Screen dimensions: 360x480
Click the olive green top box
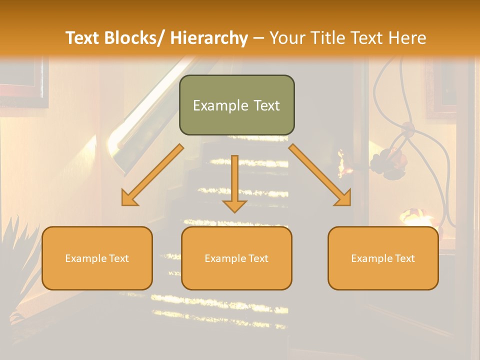point(236,105)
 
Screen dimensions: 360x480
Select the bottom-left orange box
point(97,258)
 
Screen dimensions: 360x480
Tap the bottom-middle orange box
point(236,258)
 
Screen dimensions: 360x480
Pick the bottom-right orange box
point(383,258)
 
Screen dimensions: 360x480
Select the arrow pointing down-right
point(320,175)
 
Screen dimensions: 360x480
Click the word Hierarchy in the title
point(209,38)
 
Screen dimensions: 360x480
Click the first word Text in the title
point(83,38)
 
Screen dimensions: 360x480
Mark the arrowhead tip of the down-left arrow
point(123,204)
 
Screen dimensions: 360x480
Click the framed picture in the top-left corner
point(22,80)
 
